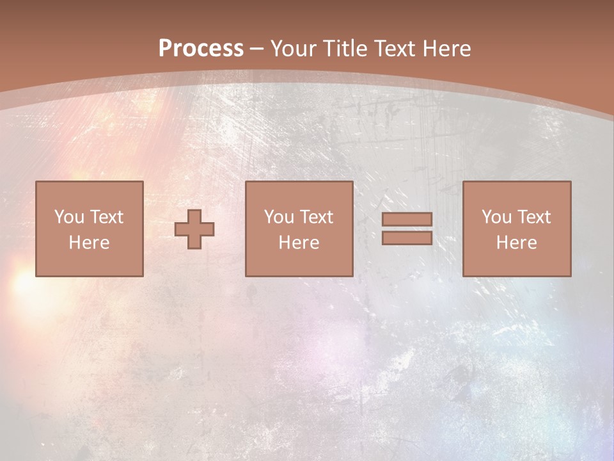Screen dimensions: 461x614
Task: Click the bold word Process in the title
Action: pos(201,49)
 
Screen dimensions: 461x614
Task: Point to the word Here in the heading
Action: pos(448,49)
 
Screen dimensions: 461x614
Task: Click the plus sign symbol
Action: pos(194,229)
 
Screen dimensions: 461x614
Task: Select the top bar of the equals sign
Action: pos(407,220)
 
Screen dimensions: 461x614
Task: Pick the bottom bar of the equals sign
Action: pos(407,238)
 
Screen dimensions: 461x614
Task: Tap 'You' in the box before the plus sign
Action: pos(69,217)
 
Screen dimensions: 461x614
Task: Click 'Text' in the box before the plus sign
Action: pos(106,217)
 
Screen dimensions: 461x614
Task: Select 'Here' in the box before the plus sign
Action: pos(89,243)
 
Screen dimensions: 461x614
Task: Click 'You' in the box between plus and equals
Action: pos(279,217)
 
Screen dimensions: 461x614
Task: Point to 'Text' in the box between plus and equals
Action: pos(316,217)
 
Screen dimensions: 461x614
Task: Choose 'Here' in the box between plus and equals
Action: pos(299,243)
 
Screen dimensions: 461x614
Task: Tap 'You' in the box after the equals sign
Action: pos(496,217)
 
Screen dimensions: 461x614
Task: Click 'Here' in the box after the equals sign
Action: pos(516,243)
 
